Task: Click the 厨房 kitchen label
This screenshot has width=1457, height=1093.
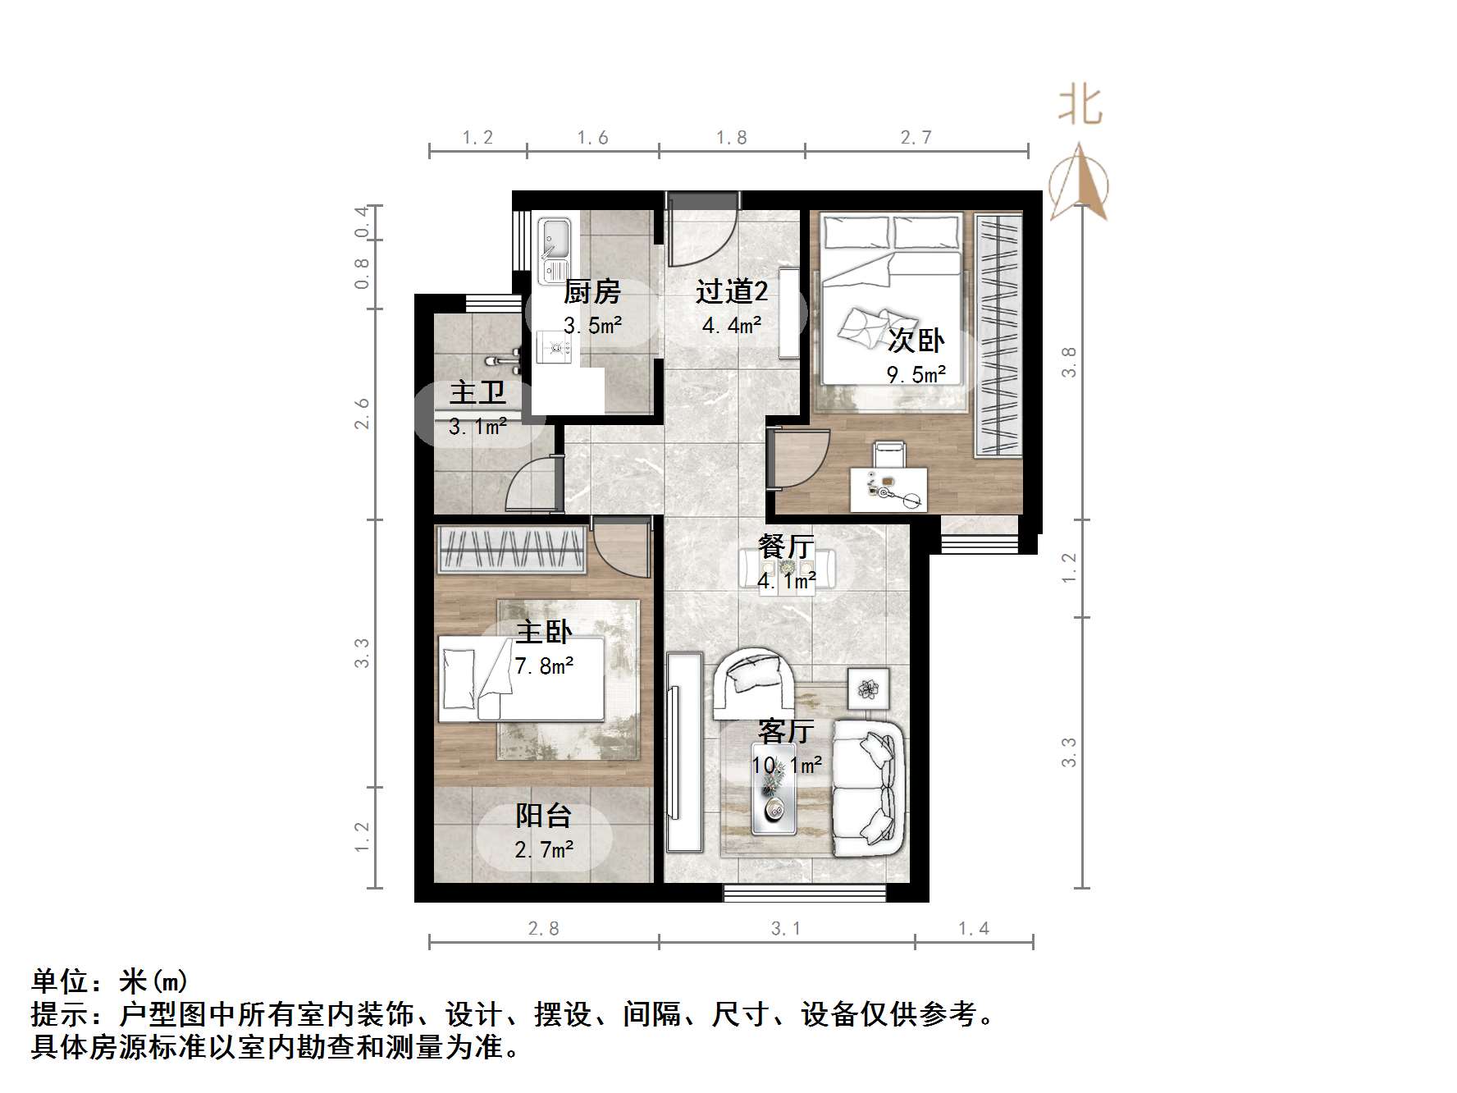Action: tap(591, 291)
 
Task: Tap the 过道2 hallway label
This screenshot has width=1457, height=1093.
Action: tap(732, 291)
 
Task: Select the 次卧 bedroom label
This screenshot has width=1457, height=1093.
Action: tap(916, 340)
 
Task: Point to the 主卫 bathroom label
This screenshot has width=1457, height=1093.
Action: tap(477, 392)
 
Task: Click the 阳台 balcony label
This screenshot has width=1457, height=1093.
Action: tap(543, 816)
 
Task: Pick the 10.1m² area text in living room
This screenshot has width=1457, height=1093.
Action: tap(787, 766)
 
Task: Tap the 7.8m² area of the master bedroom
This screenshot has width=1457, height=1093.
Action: tap(544, 665)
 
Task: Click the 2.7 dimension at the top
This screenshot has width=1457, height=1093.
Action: tap(916, 138)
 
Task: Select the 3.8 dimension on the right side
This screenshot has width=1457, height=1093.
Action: tap(1068, 362)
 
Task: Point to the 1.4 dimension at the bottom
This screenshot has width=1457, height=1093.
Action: tap(974, 929)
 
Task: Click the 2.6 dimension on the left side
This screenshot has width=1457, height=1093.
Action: tap(362, 414)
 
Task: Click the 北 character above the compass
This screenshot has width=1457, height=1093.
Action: tap(1080, 107)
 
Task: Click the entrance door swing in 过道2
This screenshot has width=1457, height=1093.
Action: tap(697, 234)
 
